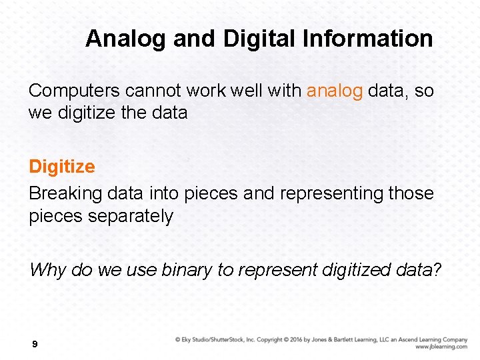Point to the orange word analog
(335, 91)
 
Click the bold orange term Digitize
(61, 167)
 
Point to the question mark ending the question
(437, 269)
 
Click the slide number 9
(35, 345)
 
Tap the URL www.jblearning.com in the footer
(441, 347)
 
